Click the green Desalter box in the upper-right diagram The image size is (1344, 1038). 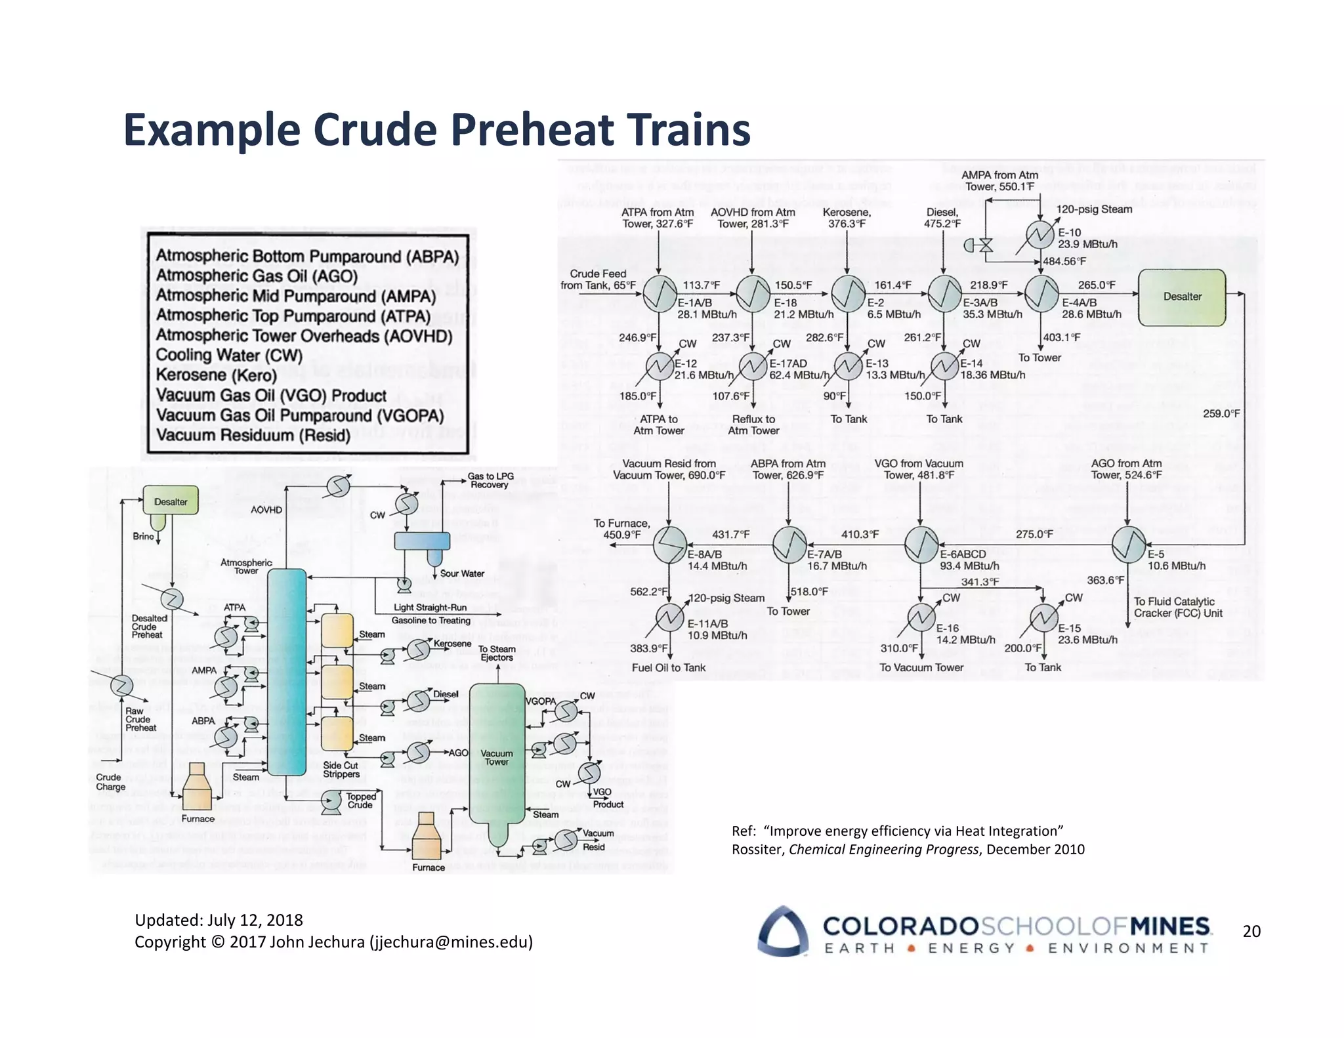[x=1182, y=297]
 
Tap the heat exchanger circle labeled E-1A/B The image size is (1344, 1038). [x=660, y=293]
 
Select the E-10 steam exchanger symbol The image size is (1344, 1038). [x=1040, y=234]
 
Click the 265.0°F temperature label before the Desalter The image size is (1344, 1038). [x=1096, y=285]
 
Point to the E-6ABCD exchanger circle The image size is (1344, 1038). [x=921, y=545]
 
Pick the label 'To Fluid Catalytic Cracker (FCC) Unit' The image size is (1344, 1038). [x=1177, y=607]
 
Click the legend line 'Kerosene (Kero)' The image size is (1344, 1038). [x=216, y=375]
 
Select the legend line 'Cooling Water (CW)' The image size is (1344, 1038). [x=229, y=355]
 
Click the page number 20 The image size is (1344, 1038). [x=1251, y=931]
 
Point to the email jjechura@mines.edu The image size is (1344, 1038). [x=451, y=942]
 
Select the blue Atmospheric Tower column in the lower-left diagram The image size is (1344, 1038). [x=287, y=673]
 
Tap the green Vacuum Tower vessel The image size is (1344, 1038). [x=497, y=761]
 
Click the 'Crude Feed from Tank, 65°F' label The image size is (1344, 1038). [x=597, y=280]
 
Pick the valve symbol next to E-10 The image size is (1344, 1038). [x=985, y=245]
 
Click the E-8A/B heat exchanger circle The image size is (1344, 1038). [x=669, y=545]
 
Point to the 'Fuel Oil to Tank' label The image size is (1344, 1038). [x=668, y=667]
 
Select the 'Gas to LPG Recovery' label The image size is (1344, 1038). [x=490, y=480]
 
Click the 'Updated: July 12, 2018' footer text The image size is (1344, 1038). [x=219, y=920]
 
